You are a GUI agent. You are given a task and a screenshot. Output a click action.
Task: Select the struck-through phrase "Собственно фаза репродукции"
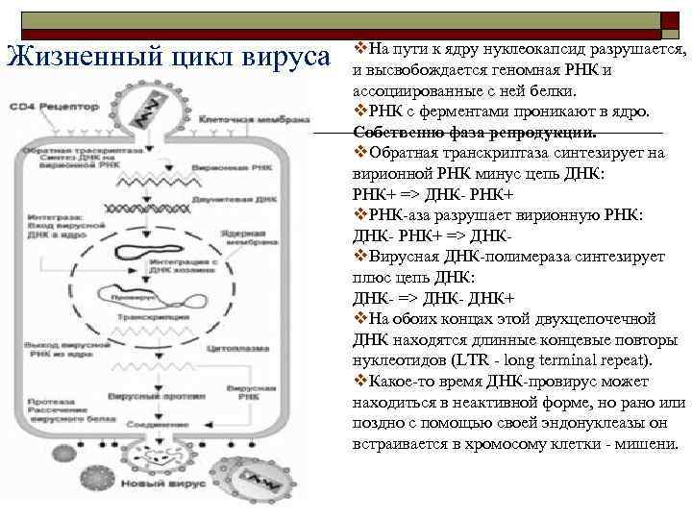pos(475,133)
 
